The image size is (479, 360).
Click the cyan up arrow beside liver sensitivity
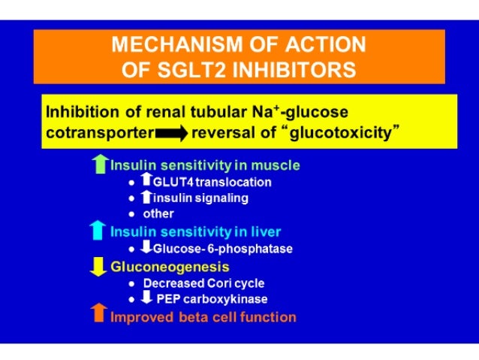pyautogui.click(x=98, y=231)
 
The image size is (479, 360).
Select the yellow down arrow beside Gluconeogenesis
pyautogui.click(x=98, y=268)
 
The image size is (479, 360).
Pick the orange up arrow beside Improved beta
pyautogui.click(x=98, y=316)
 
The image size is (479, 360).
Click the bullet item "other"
pyautogui.click(x=158, y=213)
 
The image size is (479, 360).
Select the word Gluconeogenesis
pyautogui.click(x=170, y=267)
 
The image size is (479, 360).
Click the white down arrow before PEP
pyautogui.click(x=147, y=298)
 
